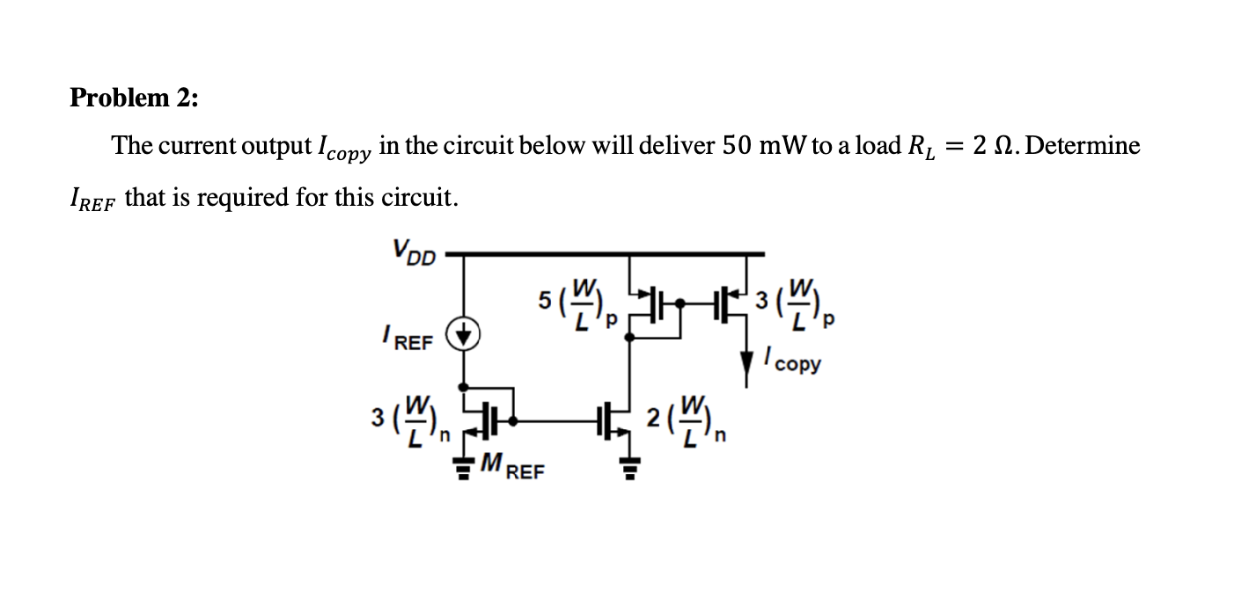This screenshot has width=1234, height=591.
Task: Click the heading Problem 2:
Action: tap(134, 98)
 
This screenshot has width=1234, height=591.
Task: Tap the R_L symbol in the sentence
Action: tap(917, 148)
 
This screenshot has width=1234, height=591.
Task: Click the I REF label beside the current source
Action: tap(408, 339)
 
